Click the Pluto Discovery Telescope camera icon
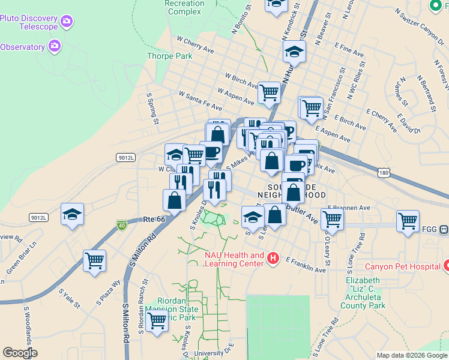click(67, 22)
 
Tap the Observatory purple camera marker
click(55, 46)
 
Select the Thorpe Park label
click(169, 56)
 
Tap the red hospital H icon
click(273, 259)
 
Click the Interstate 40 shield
click(122, 225)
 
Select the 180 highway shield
click(384, 173)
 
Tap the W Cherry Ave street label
click(195, 45)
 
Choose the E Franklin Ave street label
click(306, 265)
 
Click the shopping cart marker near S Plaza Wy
click(95, 261)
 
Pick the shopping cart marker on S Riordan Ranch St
click(157, 321)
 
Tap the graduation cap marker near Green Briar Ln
click(72, 215)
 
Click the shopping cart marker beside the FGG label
click(408, 220)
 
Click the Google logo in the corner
click(19, 352)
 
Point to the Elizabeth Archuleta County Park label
click(366, 293)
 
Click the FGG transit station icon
click(444, 229)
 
